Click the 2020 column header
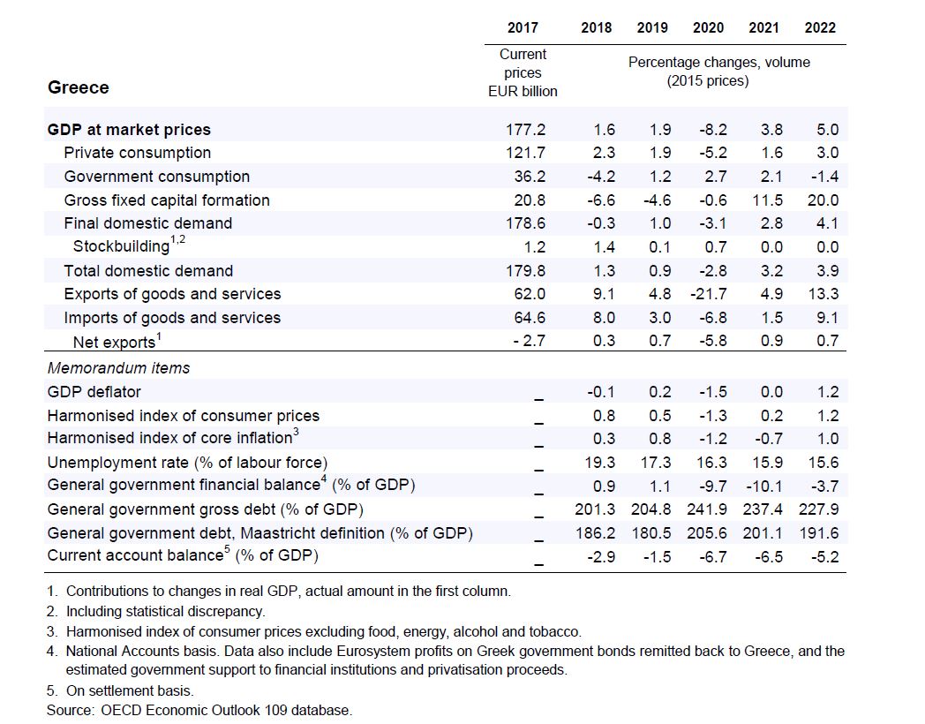(708, 28)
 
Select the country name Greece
(79, 87)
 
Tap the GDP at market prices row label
(129, 130)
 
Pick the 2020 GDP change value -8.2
(709, 130)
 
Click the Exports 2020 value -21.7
(706, 294)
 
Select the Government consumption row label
(156, 177)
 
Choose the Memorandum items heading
(118, 368)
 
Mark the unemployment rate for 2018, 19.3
(598, 462)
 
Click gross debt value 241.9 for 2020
(706, 509)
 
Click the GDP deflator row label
(94, 392)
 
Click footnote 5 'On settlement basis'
(129, 691)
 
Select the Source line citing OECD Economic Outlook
(199, 710)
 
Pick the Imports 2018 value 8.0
(601, 318)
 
